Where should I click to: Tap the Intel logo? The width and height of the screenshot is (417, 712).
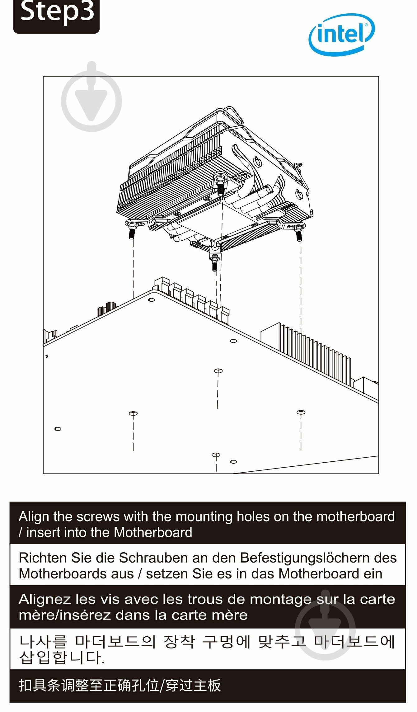[x=341, y=34]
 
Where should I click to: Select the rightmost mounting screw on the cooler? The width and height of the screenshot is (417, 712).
[x=299, y=233]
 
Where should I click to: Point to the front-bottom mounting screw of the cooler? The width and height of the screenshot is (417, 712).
[x=214, y=262]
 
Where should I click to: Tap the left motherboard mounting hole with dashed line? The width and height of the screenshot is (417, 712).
[x=133, y=413]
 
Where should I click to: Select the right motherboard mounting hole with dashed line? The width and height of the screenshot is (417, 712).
[x=301, y=413]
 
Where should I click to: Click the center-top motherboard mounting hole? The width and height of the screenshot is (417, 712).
[x=218, y=371]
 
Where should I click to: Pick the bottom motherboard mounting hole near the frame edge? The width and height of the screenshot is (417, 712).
[x=216, y=455]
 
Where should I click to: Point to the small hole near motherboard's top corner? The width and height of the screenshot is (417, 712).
[x=152, y=300]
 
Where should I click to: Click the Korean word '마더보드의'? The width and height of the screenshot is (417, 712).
[x=115, y=641]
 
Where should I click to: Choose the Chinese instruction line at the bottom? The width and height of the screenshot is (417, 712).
[x=120, y=685]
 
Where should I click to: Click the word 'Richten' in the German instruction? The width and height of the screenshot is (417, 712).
[x=43, y=558]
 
